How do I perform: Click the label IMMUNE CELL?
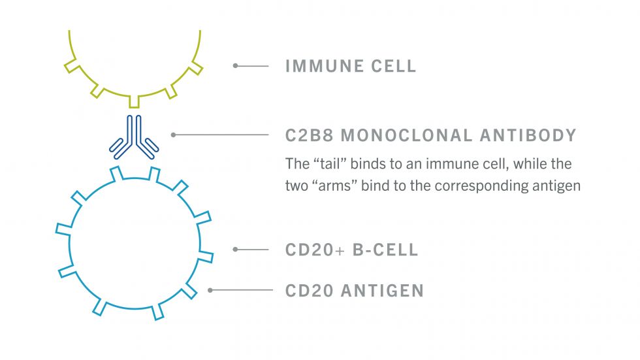coord(351,66)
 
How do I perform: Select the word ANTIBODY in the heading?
coord(528,135)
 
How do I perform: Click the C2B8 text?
coord(309,135)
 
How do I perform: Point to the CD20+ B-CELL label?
coord(351,250)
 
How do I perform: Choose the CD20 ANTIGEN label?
coord(354,291)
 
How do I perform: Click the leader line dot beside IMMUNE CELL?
coord(236,66)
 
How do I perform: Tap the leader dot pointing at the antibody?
coord(174,135)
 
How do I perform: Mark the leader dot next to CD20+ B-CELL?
coord(236,250)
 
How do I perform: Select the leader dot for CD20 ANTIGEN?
coord(210,290)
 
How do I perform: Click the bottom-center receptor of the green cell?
coord(135,102)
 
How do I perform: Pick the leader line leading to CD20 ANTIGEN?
coord(242,290)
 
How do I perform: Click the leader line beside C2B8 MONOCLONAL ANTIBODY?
coord(221,135)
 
